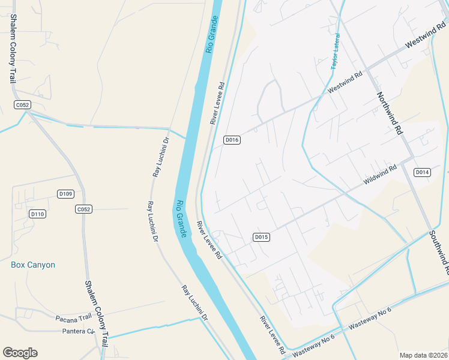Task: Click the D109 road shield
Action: (65, 194)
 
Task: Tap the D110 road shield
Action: (37, 214)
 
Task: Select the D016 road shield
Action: (232, 140)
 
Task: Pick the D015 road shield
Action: (261, 237)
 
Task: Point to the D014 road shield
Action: (423, 172)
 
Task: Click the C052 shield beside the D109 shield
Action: (83, 209)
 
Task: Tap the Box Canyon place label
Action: (33, 265)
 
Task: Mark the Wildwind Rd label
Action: (381, 175)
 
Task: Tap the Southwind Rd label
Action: (439, 248)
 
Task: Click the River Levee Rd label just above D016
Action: (217, 103)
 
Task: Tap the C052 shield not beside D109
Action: (22, 105)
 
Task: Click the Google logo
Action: (20, 353)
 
